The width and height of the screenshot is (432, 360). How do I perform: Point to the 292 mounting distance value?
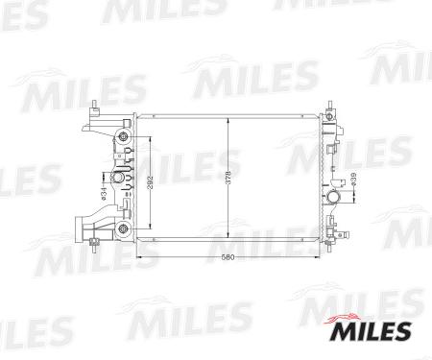151,182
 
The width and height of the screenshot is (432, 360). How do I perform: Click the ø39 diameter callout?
353,180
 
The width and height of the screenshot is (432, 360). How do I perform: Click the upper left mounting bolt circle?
123,137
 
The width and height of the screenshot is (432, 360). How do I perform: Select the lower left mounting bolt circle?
123,228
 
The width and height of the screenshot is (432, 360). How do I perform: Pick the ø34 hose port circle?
117,178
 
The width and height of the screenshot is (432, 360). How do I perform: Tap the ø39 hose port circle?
334,196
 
